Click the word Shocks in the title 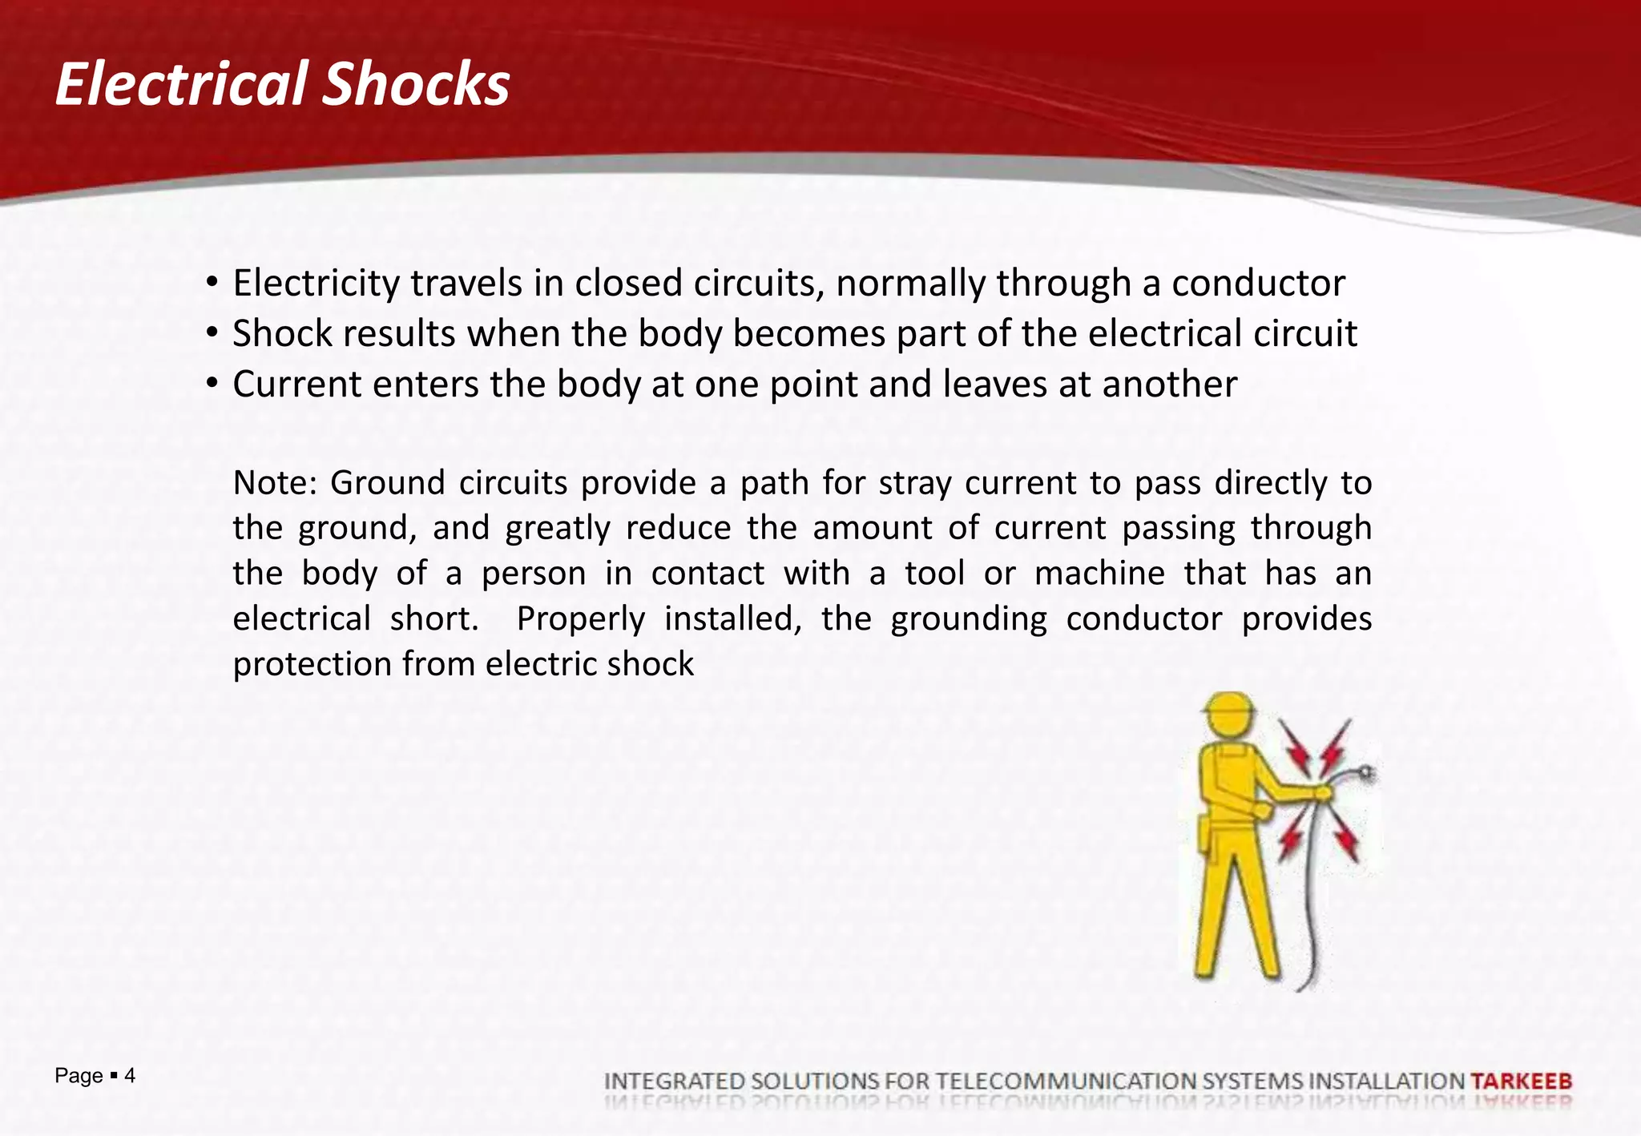click(x=416, y=84)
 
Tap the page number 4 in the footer click(x=130, y=1075)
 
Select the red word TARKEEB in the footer click(x=1522, y=1081)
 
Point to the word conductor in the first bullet click(x=1258, y=284)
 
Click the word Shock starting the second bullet click(x=282, y=334)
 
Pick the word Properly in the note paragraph click(x=580, y=619)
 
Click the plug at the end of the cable click(x=1365, y=773)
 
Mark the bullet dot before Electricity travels click(x=212, y=283)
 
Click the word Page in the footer click(x=79, y=1076)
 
